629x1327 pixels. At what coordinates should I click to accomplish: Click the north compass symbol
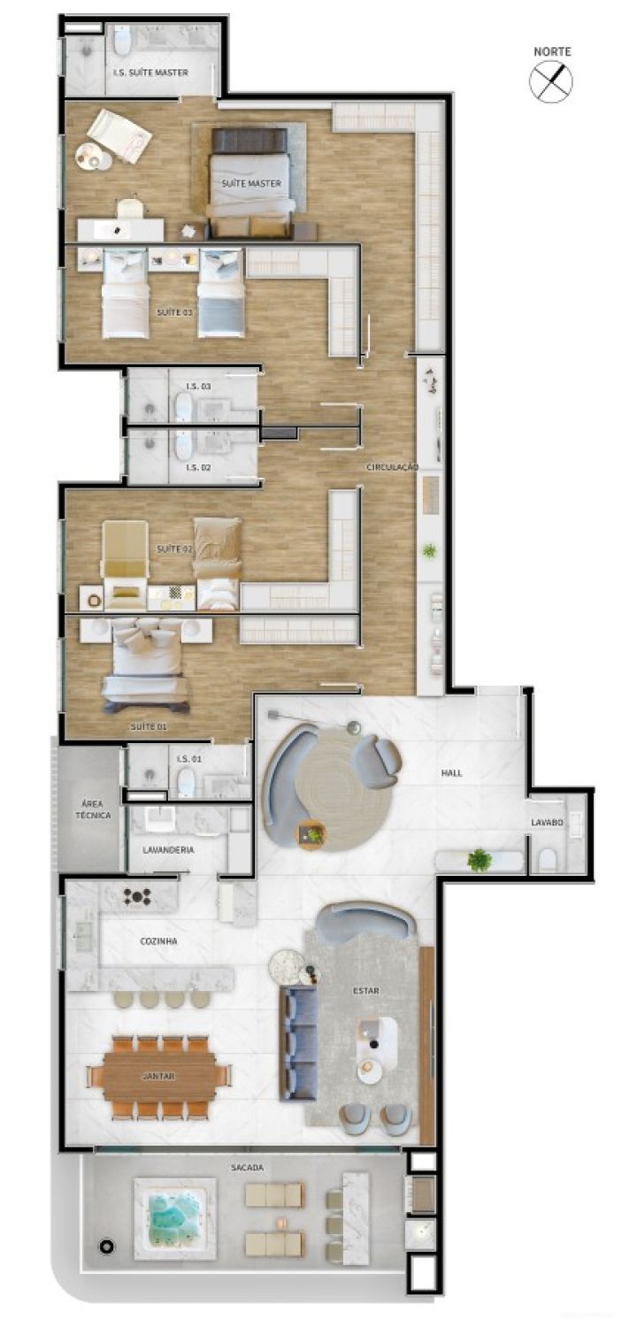550,81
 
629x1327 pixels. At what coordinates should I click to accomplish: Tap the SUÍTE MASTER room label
250,184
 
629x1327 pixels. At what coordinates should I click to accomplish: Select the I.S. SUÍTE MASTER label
150,73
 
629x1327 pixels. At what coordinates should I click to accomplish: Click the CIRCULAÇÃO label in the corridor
393,466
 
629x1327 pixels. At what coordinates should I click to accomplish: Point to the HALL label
451,773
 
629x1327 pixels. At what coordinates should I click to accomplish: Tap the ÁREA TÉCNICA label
91,809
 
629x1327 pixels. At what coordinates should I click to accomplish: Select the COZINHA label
158,941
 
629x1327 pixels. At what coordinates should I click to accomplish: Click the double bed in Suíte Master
250,181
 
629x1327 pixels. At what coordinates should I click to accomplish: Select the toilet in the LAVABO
548,859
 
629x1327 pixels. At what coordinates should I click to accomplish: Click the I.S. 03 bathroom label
198,387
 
